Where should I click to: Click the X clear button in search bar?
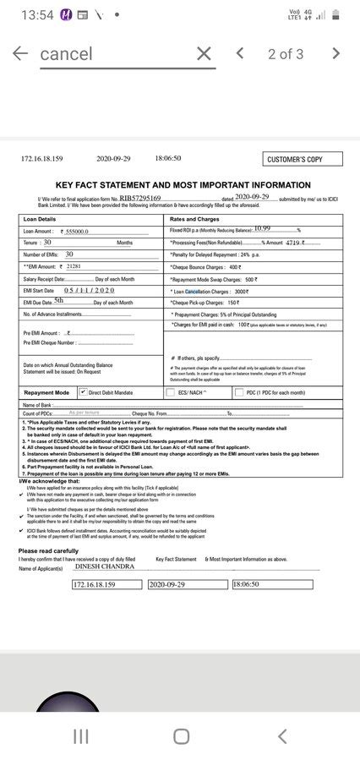click(204, 54)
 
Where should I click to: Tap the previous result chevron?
click(240, 53)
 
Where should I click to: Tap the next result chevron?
click(335, 53)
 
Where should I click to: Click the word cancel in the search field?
click(67, 54)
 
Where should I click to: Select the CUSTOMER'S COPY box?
click(295, 160)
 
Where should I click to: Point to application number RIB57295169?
click(140, 198)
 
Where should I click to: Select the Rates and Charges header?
click(195, 219)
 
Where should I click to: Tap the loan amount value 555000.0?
click(76, 232)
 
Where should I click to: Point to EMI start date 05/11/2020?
click(89, 290)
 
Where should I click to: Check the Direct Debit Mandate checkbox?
click(83, 392)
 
